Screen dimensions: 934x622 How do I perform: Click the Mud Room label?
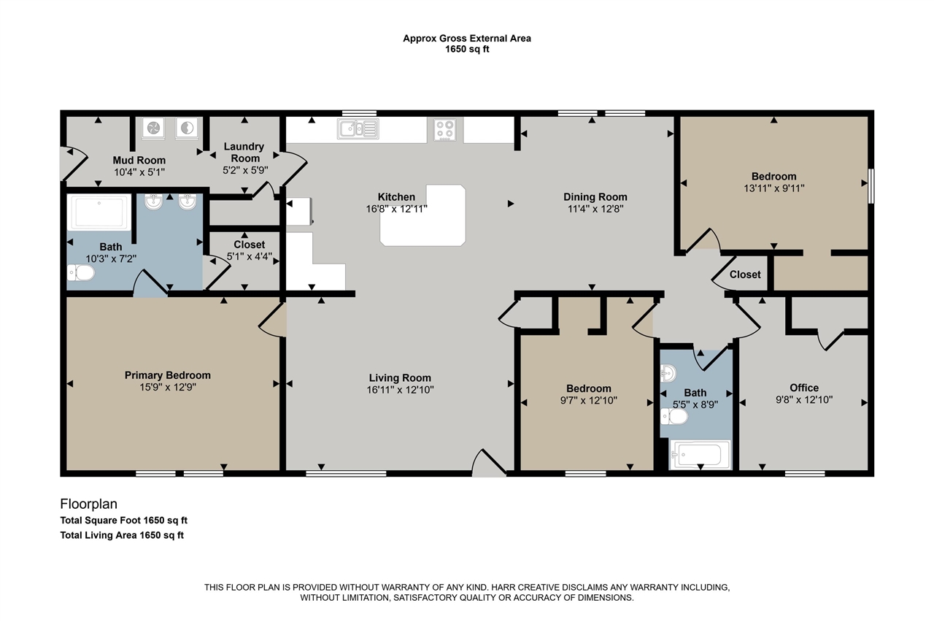139,160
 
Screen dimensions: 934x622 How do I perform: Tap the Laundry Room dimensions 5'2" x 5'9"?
245,170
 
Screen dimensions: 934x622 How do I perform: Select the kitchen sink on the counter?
358,128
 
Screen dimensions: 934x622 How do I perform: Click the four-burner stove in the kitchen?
444,129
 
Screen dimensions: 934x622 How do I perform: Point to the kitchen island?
422,215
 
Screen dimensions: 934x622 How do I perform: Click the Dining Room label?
595,197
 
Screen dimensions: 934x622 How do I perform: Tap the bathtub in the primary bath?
99,212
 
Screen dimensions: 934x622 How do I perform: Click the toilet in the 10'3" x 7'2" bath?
81,273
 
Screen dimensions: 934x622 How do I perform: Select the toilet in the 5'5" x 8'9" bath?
674,416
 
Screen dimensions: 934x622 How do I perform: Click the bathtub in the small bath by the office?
700,455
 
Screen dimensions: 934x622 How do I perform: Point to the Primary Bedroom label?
168,375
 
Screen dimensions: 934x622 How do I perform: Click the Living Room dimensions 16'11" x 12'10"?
401,390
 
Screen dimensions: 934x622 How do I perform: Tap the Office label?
804,388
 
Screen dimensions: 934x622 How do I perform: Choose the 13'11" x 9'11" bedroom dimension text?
774,188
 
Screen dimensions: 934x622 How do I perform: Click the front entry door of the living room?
489,463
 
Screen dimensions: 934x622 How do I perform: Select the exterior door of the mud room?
74,163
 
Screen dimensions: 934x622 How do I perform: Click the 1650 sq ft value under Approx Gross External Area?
467,49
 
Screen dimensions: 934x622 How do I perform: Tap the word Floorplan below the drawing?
89,504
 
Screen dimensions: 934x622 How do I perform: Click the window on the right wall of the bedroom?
871,186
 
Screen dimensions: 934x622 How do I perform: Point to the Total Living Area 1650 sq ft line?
122,535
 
